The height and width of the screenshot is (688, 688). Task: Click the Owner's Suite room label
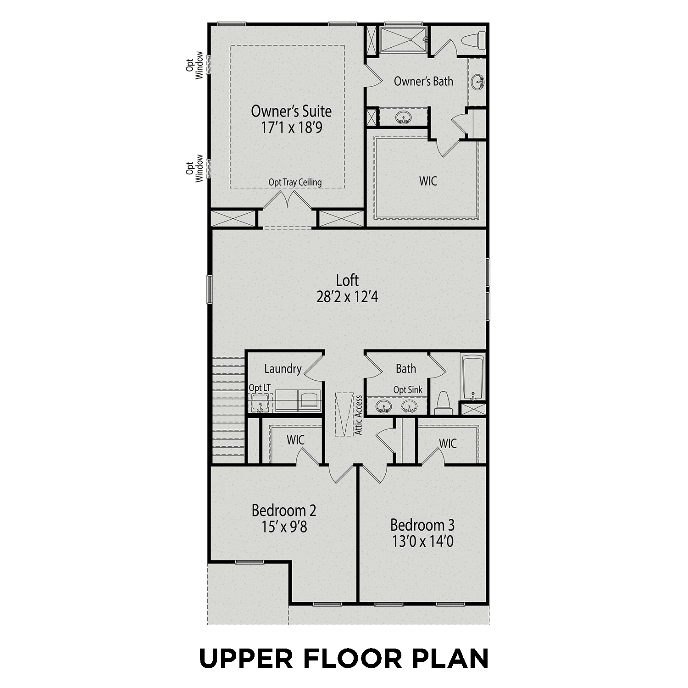point(291,111)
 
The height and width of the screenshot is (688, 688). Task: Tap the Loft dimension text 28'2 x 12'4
point(347,297)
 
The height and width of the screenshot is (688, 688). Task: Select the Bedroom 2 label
point(284,510)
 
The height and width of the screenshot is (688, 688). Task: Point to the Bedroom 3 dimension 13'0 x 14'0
point(422,542)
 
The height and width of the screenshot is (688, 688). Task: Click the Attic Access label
point(359,415)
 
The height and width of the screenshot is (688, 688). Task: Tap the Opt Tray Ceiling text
point(295,182)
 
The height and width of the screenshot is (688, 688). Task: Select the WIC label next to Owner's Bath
point(428,181)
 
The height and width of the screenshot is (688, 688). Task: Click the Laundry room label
point(283,369)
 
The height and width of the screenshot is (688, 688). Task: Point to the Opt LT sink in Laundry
point(260,405)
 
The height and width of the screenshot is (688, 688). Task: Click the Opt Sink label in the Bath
point(408,390)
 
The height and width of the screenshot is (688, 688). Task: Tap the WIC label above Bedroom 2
point(295,440)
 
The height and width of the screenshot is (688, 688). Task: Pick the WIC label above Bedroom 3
point(448,444)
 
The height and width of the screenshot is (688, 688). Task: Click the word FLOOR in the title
point(352,658)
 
